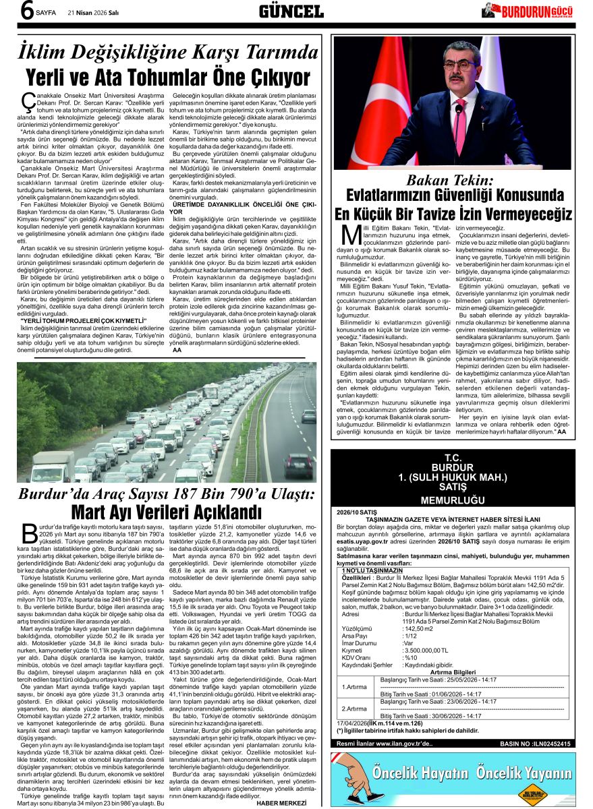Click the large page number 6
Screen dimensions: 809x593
28,11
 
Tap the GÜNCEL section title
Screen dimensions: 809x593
291,11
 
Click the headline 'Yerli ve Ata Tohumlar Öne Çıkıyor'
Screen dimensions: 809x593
168,77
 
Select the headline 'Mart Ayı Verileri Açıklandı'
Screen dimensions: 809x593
166,512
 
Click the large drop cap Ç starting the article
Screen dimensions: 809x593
28,103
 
